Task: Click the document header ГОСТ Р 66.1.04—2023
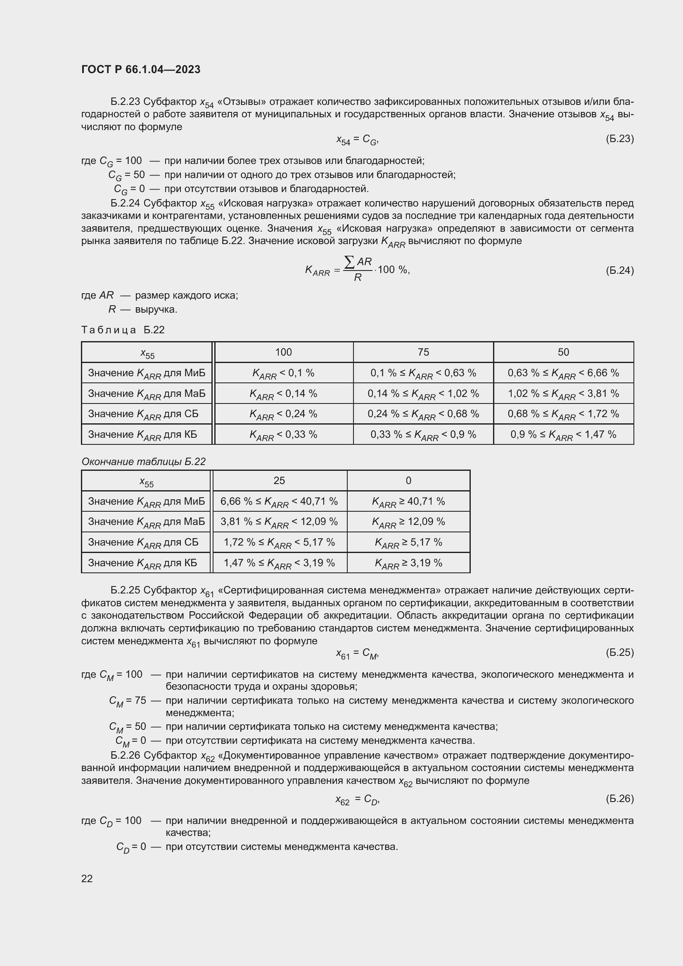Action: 140,69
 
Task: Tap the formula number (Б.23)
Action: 619,139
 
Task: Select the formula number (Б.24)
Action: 619,270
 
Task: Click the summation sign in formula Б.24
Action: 349,262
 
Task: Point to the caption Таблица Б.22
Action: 123,330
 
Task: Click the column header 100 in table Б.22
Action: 283,352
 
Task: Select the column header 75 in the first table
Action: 423,352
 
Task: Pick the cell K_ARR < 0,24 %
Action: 283,414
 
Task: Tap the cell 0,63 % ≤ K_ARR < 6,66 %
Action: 563,373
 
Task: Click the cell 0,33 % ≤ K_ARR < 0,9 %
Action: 423,434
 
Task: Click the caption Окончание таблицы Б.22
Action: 143,462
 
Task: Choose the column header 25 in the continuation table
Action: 279,480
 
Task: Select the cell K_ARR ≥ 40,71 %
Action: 408,501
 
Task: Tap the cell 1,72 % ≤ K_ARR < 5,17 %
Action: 279,542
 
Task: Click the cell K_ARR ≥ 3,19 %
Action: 408,563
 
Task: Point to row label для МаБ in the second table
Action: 146,522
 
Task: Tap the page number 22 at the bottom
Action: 87,878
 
